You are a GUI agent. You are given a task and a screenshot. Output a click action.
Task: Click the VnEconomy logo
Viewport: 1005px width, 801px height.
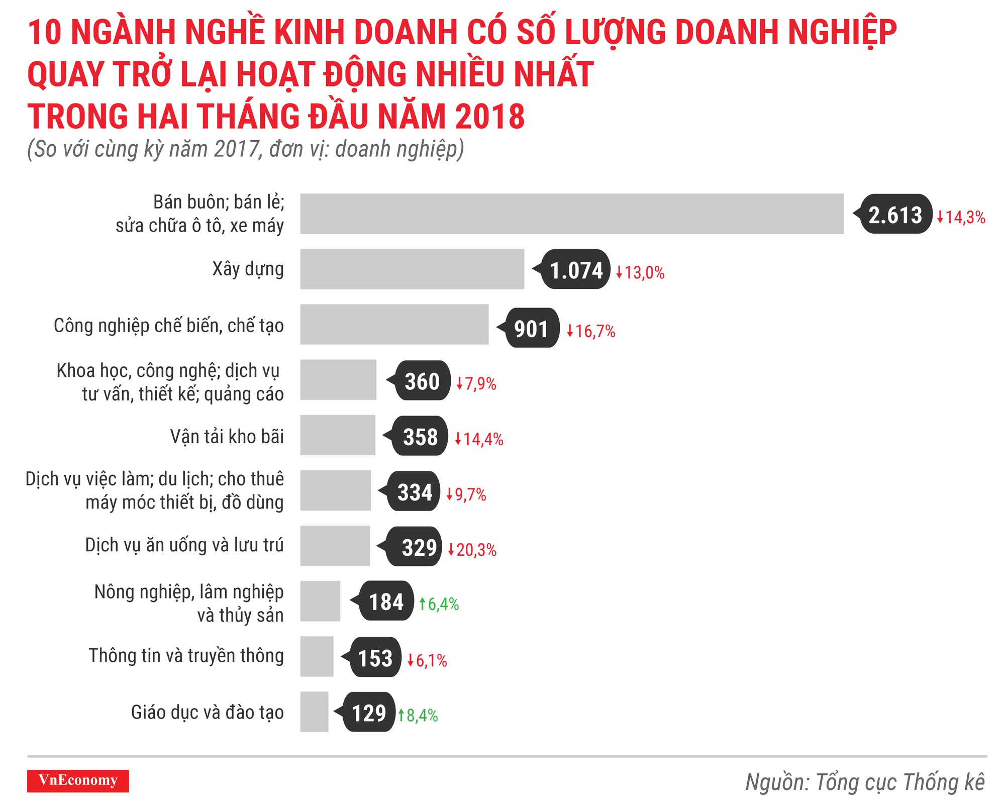pyautogui.click(x=78, y=780)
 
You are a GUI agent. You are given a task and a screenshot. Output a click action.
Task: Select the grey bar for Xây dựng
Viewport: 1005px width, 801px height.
pyautogui.click(x=412, y=269)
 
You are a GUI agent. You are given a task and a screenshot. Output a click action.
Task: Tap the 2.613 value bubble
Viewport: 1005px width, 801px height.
pyautogui.click(x=895, y=215)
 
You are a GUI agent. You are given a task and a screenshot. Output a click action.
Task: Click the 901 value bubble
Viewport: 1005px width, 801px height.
pyautogui.click(x=531, y=328)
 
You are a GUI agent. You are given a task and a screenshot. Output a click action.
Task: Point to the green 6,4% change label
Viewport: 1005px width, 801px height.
pyautogui.click(x=439, y=604)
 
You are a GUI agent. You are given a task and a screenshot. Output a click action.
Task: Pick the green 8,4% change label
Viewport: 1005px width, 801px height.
pyautogui.click(x=418, y=715)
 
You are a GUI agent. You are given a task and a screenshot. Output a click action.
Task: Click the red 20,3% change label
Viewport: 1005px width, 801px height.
pyautogui.click(x=472, y=549)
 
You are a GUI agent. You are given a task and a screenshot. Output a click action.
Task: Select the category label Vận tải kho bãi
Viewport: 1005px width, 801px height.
pyautogui.click(x=227, y=436)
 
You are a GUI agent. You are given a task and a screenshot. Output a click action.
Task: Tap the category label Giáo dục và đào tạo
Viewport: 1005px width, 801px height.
pyautogui.click(x=207, y=712)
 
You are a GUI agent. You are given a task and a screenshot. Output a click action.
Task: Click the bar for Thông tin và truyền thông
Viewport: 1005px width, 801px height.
pyautogui.click(x=317, y=656)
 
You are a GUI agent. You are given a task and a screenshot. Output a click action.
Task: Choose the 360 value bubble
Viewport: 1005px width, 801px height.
pyautogui.click(x=422, y=381)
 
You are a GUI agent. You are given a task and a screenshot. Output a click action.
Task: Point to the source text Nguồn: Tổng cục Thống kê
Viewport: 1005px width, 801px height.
pyautogui.click(x=864, y=782)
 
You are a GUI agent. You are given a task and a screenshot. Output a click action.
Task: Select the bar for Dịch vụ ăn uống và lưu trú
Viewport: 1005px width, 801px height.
pyautogui.click(x=335, y=546)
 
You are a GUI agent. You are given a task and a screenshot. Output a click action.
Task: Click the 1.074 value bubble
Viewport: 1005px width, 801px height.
pyautogui.click(x=575, y=270)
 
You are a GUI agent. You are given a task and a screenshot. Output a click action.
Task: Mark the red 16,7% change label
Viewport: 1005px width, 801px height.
pyautogui.click(x=591, y=331)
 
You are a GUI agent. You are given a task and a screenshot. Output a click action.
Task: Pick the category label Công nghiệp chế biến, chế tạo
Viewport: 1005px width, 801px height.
pyautogui.click(x=168, y=326)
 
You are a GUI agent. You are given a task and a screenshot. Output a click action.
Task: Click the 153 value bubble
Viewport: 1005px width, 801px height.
pyautogui.click(x=375, y=658)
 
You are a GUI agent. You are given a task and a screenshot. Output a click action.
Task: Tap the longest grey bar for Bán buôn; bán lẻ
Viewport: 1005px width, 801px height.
pyautogui.click(x=572, y=214)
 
